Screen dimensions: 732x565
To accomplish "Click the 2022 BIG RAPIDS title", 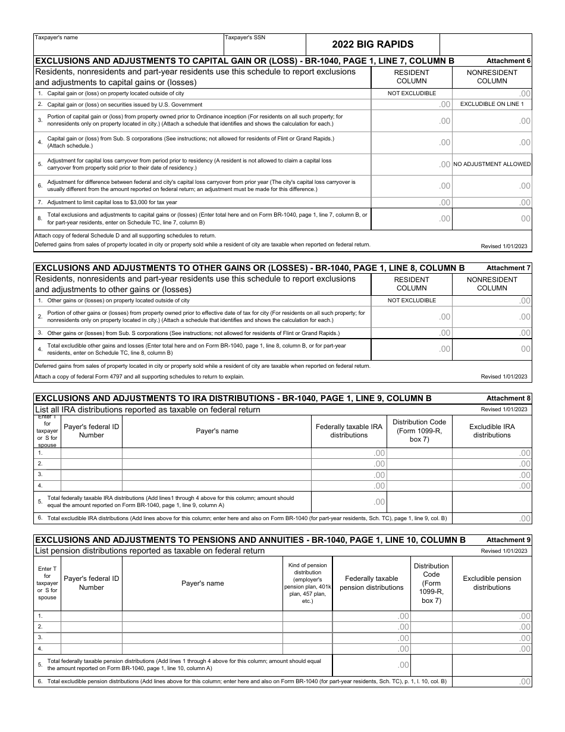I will tap(372, 44).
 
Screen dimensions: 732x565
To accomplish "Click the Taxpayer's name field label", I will tap(56, 37).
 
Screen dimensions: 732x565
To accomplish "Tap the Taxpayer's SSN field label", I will tap(245, 37).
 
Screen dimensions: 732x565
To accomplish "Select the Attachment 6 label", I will tap(508, 61).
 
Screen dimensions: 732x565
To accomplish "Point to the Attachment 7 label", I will tap(508, 268).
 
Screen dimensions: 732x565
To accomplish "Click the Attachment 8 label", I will tap(508, 398).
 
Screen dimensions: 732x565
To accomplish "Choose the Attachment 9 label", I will tap(508, 540).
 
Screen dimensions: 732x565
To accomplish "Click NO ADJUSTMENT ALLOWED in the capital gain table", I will tap(492, 164).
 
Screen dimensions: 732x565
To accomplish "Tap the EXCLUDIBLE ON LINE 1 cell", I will tap(492, 104).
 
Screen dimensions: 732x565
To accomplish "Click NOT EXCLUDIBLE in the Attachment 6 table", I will tap(412, 93).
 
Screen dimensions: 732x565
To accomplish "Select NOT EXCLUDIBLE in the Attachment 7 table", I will tap(412, 301).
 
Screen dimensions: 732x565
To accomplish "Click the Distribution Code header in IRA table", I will tap(419, 431).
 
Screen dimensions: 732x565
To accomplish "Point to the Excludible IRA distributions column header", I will tap(492, 431).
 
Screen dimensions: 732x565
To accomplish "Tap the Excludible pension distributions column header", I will tap(492, 583).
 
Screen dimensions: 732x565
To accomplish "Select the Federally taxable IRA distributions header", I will tap(349, 431).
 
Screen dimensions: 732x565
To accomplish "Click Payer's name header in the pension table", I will tap(202, 583).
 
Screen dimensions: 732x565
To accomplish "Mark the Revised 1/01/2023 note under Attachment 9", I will tap(504, 551).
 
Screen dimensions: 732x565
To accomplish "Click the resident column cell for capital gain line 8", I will tap(412, 219).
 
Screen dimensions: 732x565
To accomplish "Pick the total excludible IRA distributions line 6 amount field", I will tap(492, 518).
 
